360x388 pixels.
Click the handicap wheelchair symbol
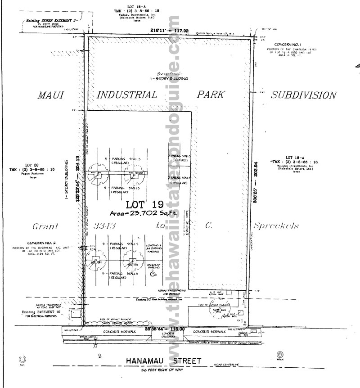[153, 273]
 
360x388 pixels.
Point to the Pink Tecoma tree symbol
[135, 176]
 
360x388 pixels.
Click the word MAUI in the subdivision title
[49, 95]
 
